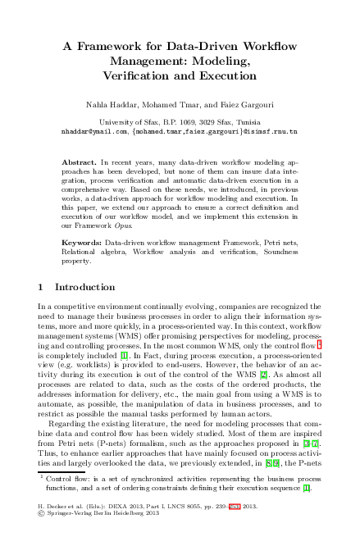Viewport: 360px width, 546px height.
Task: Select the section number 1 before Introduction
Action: point(42,288)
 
